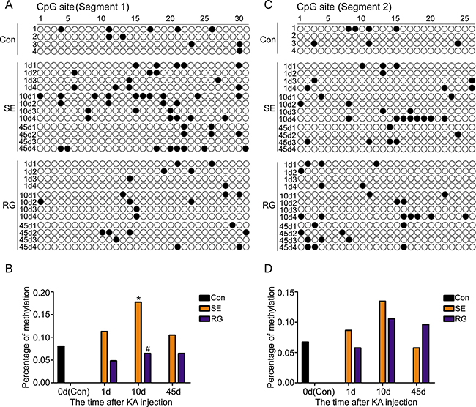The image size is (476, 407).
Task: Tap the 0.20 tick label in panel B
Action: (42, 293)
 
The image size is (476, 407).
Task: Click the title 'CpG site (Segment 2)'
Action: (317, 7)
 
